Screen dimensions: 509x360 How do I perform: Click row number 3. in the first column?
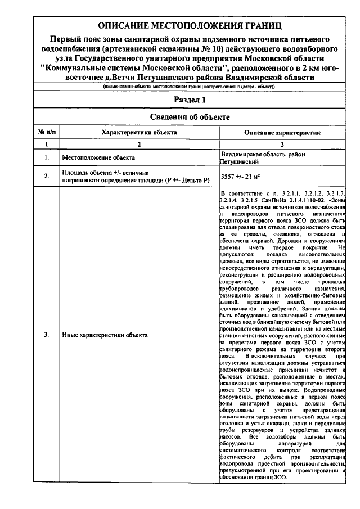click(47, 335)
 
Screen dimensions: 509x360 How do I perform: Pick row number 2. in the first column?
click(47, 177)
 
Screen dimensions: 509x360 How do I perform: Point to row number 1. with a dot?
click(47, 158)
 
